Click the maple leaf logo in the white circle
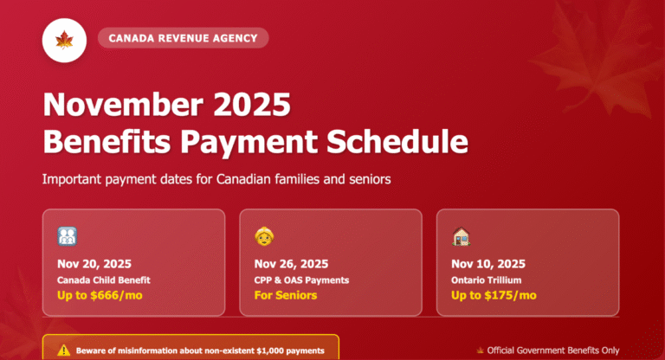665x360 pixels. click(64, 39)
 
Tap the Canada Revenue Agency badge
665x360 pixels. click(184, 38)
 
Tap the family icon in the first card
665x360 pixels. click(68, 236)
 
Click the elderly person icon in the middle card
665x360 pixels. click(264, 236)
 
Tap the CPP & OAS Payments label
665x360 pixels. click(300, 280)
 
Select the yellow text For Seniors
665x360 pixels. click(286, 296)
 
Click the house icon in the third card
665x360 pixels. click(462, 236)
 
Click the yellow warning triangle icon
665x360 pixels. click(63, 350)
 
